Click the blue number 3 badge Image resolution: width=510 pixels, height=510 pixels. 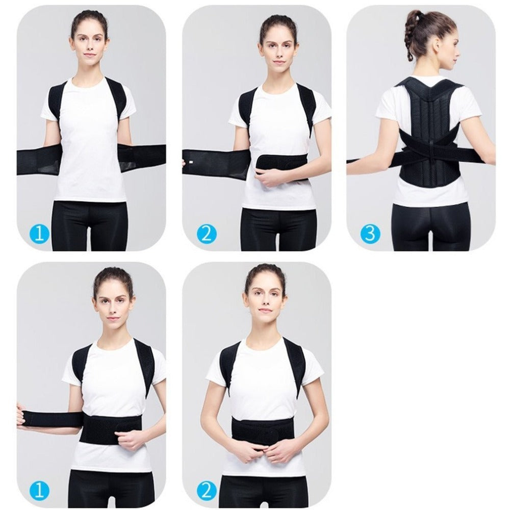pyautogui.click(x=370, y=234)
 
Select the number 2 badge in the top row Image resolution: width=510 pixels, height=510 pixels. pyautogui.click(x=207, y=234)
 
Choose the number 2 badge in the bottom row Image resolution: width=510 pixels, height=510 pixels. pyautogui.click(x=207, y=491)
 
